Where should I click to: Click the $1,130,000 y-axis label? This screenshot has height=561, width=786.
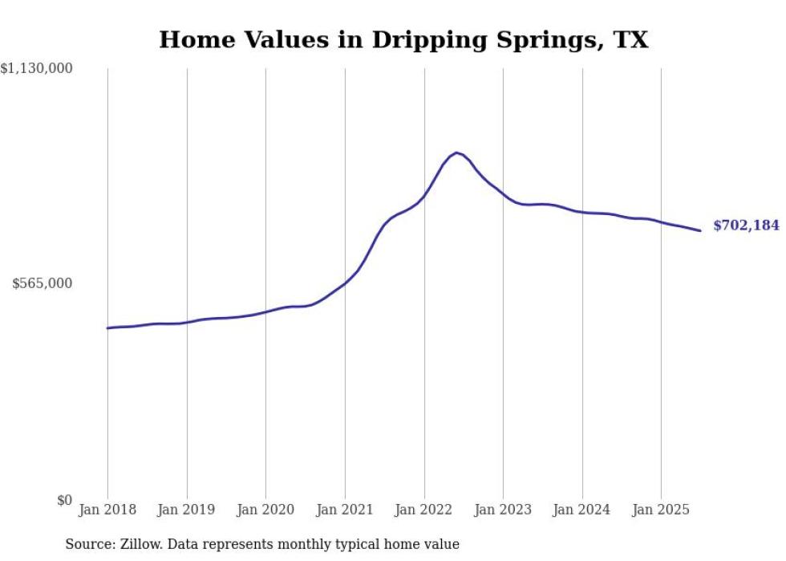click(36, 69)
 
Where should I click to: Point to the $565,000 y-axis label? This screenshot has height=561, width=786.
click(42, 283)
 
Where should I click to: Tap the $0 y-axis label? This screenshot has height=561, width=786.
click(64, 501)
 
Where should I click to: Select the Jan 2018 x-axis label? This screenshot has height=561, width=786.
click(107, 510)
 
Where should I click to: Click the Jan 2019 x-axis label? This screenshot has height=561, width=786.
click(187, 510)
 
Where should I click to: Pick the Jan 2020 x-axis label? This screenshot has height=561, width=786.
click(265, 510)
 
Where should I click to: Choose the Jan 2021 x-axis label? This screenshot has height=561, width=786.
click(345, 510)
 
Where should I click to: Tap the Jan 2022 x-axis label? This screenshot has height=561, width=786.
click(424, 510)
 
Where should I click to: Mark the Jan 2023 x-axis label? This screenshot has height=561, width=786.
click(503, 510)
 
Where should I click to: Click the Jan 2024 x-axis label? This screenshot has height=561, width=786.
click(582, 510)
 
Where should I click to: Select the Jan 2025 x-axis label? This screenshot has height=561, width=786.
click(661, 510)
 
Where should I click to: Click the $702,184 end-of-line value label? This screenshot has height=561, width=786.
click(746, 226)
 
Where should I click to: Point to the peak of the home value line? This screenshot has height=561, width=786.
click(456, 152)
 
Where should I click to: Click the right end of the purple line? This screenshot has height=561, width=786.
click(700, 231)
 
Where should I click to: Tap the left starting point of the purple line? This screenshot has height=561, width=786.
click(107, 328)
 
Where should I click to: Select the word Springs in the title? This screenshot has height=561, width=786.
click(541, 40)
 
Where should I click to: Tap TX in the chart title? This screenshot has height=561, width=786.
click(630, 39)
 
